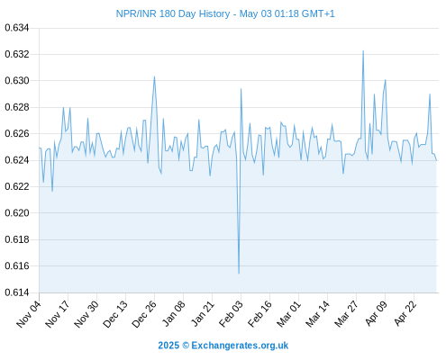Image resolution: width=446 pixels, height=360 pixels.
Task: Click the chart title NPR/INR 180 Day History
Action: click(x=173, y=13)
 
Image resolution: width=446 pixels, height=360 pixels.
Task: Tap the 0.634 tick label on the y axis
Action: click(x=17, y=28)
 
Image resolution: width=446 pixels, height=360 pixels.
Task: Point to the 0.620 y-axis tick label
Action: click(x=17, y=213)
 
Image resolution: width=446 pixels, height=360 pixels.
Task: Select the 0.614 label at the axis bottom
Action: click(x=17, y=292)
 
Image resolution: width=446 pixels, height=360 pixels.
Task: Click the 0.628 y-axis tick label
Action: click(x=17, y=107)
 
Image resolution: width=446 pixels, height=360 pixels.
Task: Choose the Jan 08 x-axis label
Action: click(x=174, y=313)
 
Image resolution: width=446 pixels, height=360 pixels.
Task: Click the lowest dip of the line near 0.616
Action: click(x=239, y=274)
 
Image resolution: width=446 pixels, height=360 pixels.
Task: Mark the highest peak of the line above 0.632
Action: click(x=363, y=50)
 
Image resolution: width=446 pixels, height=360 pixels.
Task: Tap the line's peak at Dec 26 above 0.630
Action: click(x=154, y=76)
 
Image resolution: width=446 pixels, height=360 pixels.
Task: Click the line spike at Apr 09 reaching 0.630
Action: click(x=386, y=80)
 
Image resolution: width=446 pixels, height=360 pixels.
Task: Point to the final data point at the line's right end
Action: click(x=436, y=160)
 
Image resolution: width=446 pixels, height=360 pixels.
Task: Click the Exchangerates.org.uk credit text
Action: click(x=240, y=346)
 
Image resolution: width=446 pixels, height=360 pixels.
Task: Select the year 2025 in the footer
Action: click(x=168, y=346)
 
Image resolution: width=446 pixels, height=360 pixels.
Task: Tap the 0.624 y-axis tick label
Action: click(x=17, y=160)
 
